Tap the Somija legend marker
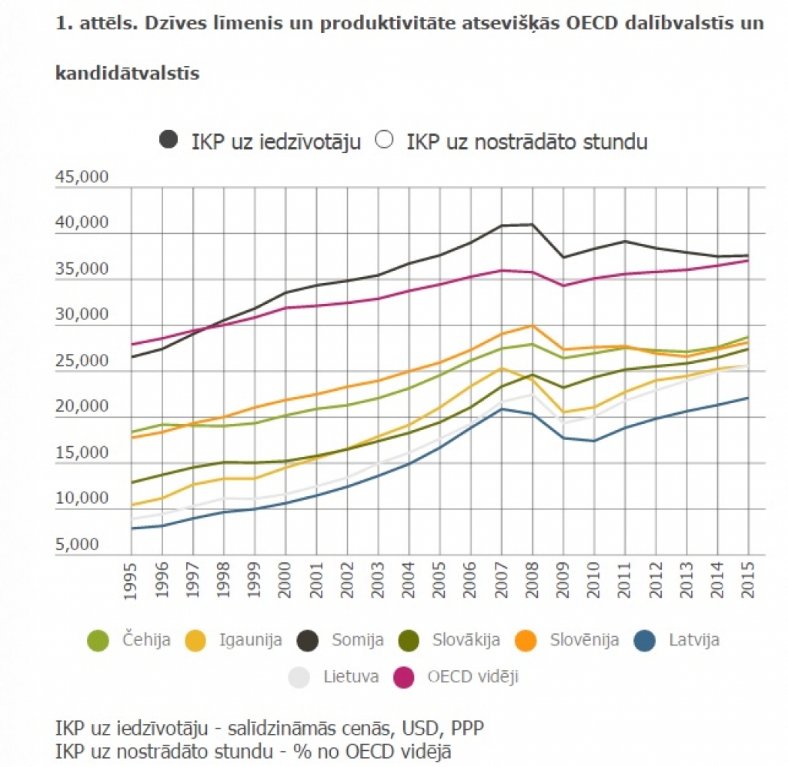click(309, 639)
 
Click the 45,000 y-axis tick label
click(82, 178)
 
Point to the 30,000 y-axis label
click(82, 315)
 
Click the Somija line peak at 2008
click(532, 225)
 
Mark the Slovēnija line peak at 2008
click(532, 325)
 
